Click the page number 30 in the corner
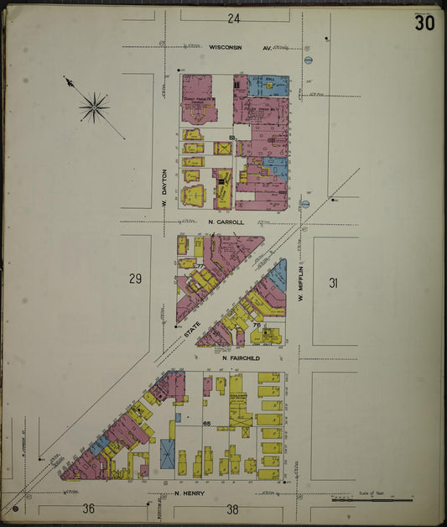pos(424,23)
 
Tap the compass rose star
pos(94,107)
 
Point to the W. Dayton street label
pos(165,187)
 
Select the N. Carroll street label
pos(226,222)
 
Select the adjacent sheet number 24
pos(233,18)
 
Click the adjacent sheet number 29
pos(135,279)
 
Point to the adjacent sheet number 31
pos(333,284)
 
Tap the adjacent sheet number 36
pos(87,509)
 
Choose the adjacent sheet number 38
pos(233,509)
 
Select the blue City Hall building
pos(267,85)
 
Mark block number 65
pos(206,424)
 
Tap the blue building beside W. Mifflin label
pos(278,273)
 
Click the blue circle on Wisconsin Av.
pos(308,60)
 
